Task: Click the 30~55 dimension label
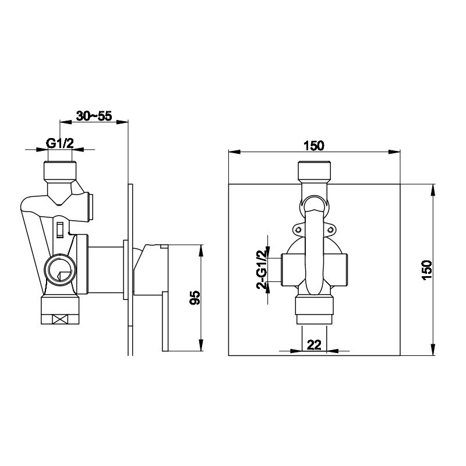click(x=94, y=116)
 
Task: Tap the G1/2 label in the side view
click(x=60, y=143)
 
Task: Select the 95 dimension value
click(x=195, y=298)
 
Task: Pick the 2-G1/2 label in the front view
click(x=261, y=269)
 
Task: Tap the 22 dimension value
click(x=314, y=345)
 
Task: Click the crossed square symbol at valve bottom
click(x=60, y=319)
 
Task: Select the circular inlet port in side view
click(x=61, y=270)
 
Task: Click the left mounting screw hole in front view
click(x=298, y=230)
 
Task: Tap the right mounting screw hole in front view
click(x=330, y=230)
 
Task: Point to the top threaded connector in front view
click(x=314, y=172)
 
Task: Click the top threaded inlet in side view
click(x=60, y=172)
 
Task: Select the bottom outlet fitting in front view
click(x=314, y=310)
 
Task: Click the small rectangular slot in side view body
click(x=60, y=230)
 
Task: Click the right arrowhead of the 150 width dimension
click(x=395, y=152)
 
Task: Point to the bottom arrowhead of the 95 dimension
click(x=201, y=345)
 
